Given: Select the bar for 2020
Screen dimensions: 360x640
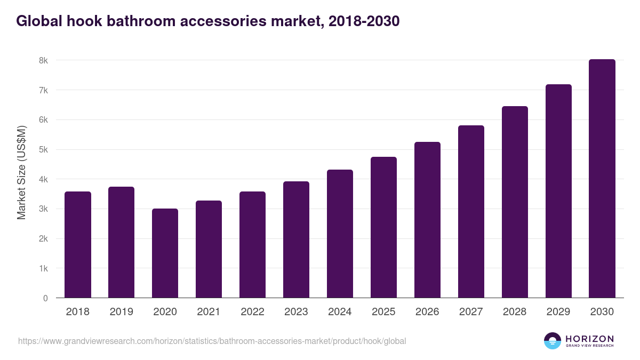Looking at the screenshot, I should (165, 253).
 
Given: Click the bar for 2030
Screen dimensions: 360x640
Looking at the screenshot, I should (602, 179).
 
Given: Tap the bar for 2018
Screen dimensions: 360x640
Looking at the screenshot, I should (77, 245).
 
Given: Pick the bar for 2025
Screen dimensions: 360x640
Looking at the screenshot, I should (383, 227).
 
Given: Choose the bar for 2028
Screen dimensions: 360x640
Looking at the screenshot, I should (515, 202).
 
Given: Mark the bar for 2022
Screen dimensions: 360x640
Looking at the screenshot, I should (252, 245).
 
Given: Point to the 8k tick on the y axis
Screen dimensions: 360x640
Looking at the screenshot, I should (43, 61).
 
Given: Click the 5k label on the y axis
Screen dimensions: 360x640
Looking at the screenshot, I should (43, 150).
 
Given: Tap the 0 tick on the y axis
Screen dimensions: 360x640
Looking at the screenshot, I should (45, 298).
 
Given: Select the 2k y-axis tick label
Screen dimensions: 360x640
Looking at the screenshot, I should (43, 239).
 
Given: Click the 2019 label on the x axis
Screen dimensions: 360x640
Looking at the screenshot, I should (121, 312).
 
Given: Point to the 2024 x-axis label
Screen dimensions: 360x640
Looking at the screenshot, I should (340, 312).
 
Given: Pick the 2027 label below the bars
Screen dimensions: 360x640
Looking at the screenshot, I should (471, 312).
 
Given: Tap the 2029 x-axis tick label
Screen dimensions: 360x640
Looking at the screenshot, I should (558, 312).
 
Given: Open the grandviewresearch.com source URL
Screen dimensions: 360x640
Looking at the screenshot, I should (212, 341).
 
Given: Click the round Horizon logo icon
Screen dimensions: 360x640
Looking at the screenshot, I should (553, 341).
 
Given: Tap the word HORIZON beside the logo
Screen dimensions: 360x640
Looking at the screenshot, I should (589, 339).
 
